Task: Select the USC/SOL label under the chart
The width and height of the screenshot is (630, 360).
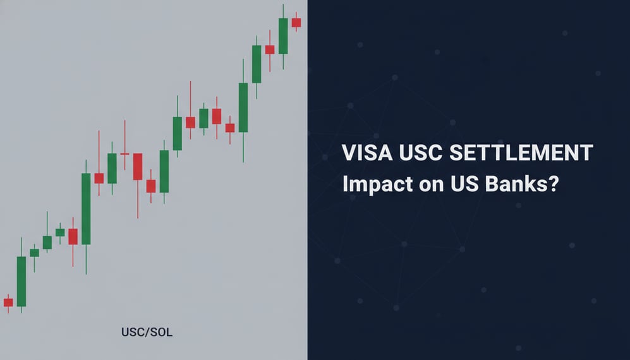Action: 145,332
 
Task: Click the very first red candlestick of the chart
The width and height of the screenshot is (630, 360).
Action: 8,302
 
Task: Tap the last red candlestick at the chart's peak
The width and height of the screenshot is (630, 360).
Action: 296,22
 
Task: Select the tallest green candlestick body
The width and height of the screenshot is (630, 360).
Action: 86,208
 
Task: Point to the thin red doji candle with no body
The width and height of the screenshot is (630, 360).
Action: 124,153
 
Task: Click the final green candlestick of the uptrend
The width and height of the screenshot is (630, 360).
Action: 283,36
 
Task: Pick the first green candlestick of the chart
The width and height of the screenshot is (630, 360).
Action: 21,281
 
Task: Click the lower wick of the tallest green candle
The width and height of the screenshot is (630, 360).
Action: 86,259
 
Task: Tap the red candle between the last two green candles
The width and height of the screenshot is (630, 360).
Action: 270,49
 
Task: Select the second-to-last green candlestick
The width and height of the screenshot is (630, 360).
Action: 257,63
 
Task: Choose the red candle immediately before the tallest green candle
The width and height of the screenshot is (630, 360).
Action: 73,236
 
